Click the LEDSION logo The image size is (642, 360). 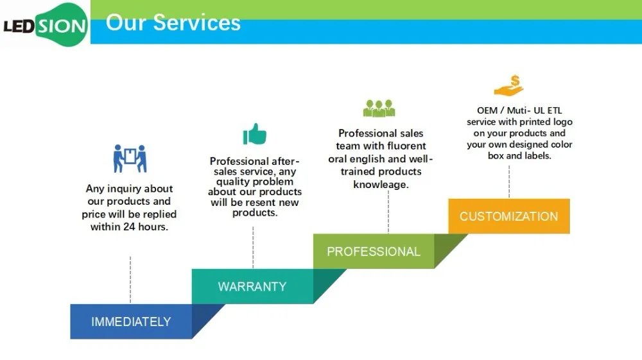45,25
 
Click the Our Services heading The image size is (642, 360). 173,23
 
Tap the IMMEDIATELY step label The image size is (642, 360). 131,321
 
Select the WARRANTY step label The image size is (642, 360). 252,286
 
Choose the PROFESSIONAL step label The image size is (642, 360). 374,252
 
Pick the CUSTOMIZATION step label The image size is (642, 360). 508,216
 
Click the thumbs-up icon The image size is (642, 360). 254,135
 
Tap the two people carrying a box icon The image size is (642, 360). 130,159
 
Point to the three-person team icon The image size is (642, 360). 379,108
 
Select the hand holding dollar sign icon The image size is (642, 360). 508,85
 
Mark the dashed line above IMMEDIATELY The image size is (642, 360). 130,280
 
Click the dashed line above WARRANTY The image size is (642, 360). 253,246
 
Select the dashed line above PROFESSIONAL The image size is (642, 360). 388,211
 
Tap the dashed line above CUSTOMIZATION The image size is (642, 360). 509,181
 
